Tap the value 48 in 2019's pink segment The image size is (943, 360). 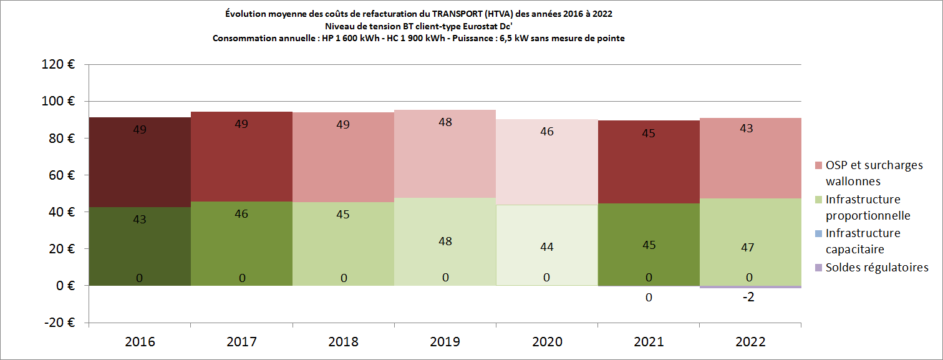445,123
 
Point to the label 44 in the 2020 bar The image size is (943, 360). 546,247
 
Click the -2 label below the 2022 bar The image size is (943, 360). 748,298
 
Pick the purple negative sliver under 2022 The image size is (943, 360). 750,287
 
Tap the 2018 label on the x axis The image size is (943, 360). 343,342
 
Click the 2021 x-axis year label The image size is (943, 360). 649,342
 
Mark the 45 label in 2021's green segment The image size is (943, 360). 649,245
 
